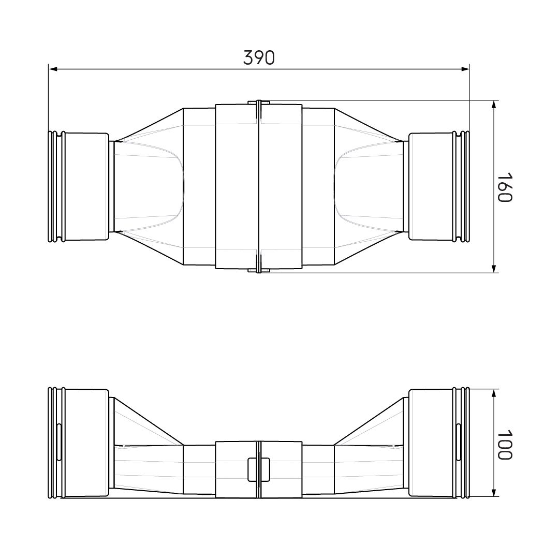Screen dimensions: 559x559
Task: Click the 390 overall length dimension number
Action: click(x=259, y=57)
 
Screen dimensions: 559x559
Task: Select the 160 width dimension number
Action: click(x=504, y=187)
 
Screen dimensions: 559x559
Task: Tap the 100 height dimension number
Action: click(x=504, y=444)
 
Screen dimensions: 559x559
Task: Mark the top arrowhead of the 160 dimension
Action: click(x=494, y=104)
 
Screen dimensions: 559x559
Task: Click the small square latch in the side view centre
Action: click(x=259, y=469)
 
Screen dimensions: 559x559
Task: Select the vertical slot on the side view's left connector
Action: click(x=59, y=443)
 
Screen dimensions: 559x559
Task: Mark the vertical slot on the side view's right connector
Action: click(x=459, y=443)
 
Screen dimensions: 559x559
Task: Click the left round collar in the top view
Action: click(x=86, y=186)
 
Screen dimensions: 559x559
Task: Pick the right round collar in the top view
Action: click(x=431, y=186)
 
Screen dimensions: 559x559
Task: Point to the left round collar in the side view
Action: click(x=86, y=443)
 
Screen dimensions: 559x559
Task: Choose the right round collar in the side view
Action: click(x=431, y=443)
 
